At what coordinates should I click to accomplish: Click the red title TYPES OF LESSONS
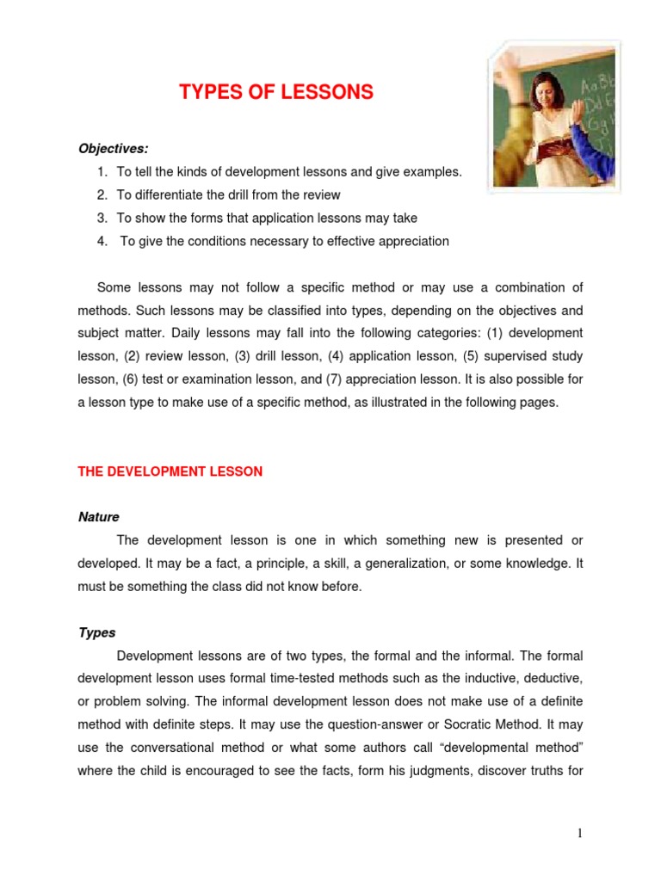click(x=276, y=93)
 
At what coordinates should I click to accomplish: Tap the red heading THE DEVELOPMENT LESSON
click(x=170, y=471)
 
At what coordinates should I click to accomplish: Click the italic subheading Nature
click(x=99, y=517)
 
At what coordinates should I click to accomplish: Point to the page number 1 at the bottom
click(x=581, y=834)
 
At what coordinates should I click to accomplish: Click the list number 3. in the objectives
click(x=102, y=218)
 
